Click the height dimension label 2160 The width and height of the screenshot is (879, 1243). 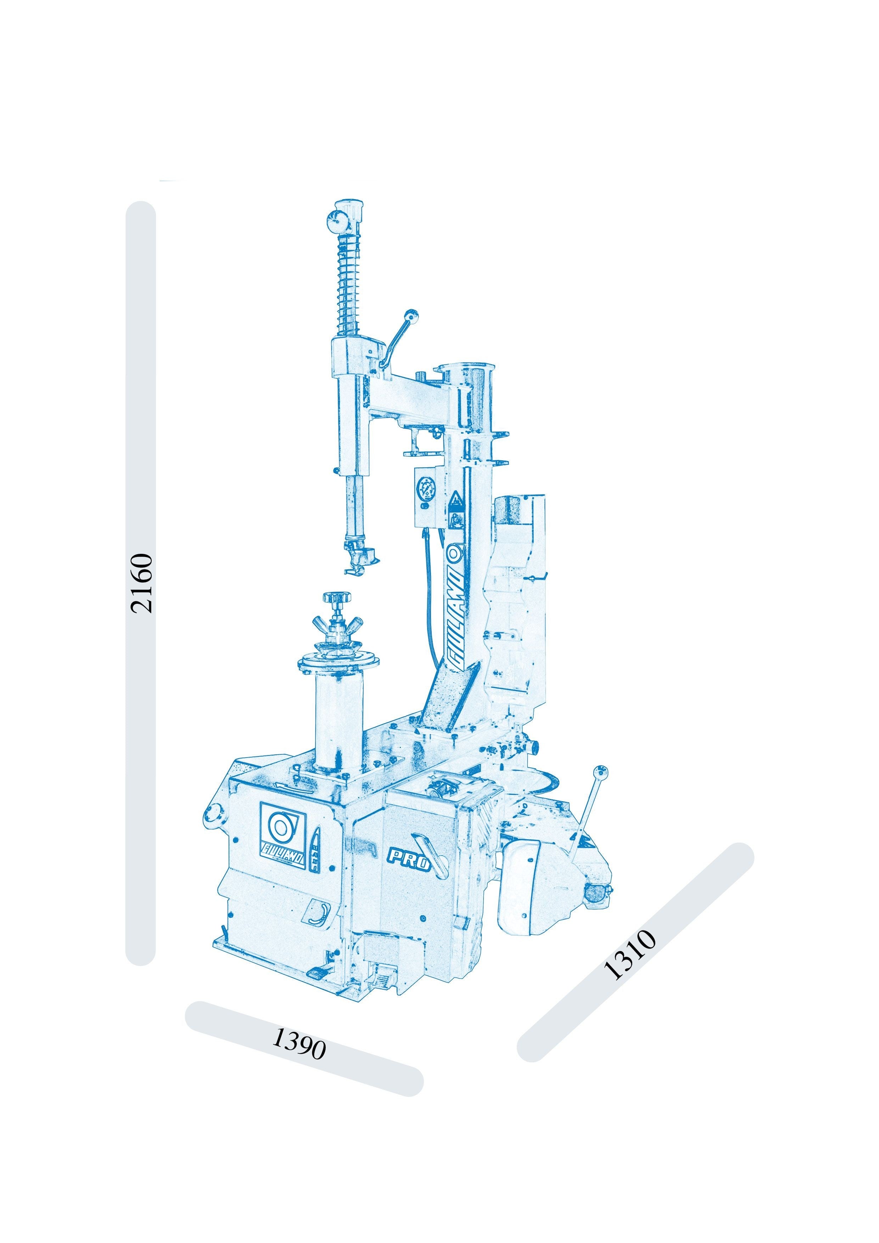[142, 583]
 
